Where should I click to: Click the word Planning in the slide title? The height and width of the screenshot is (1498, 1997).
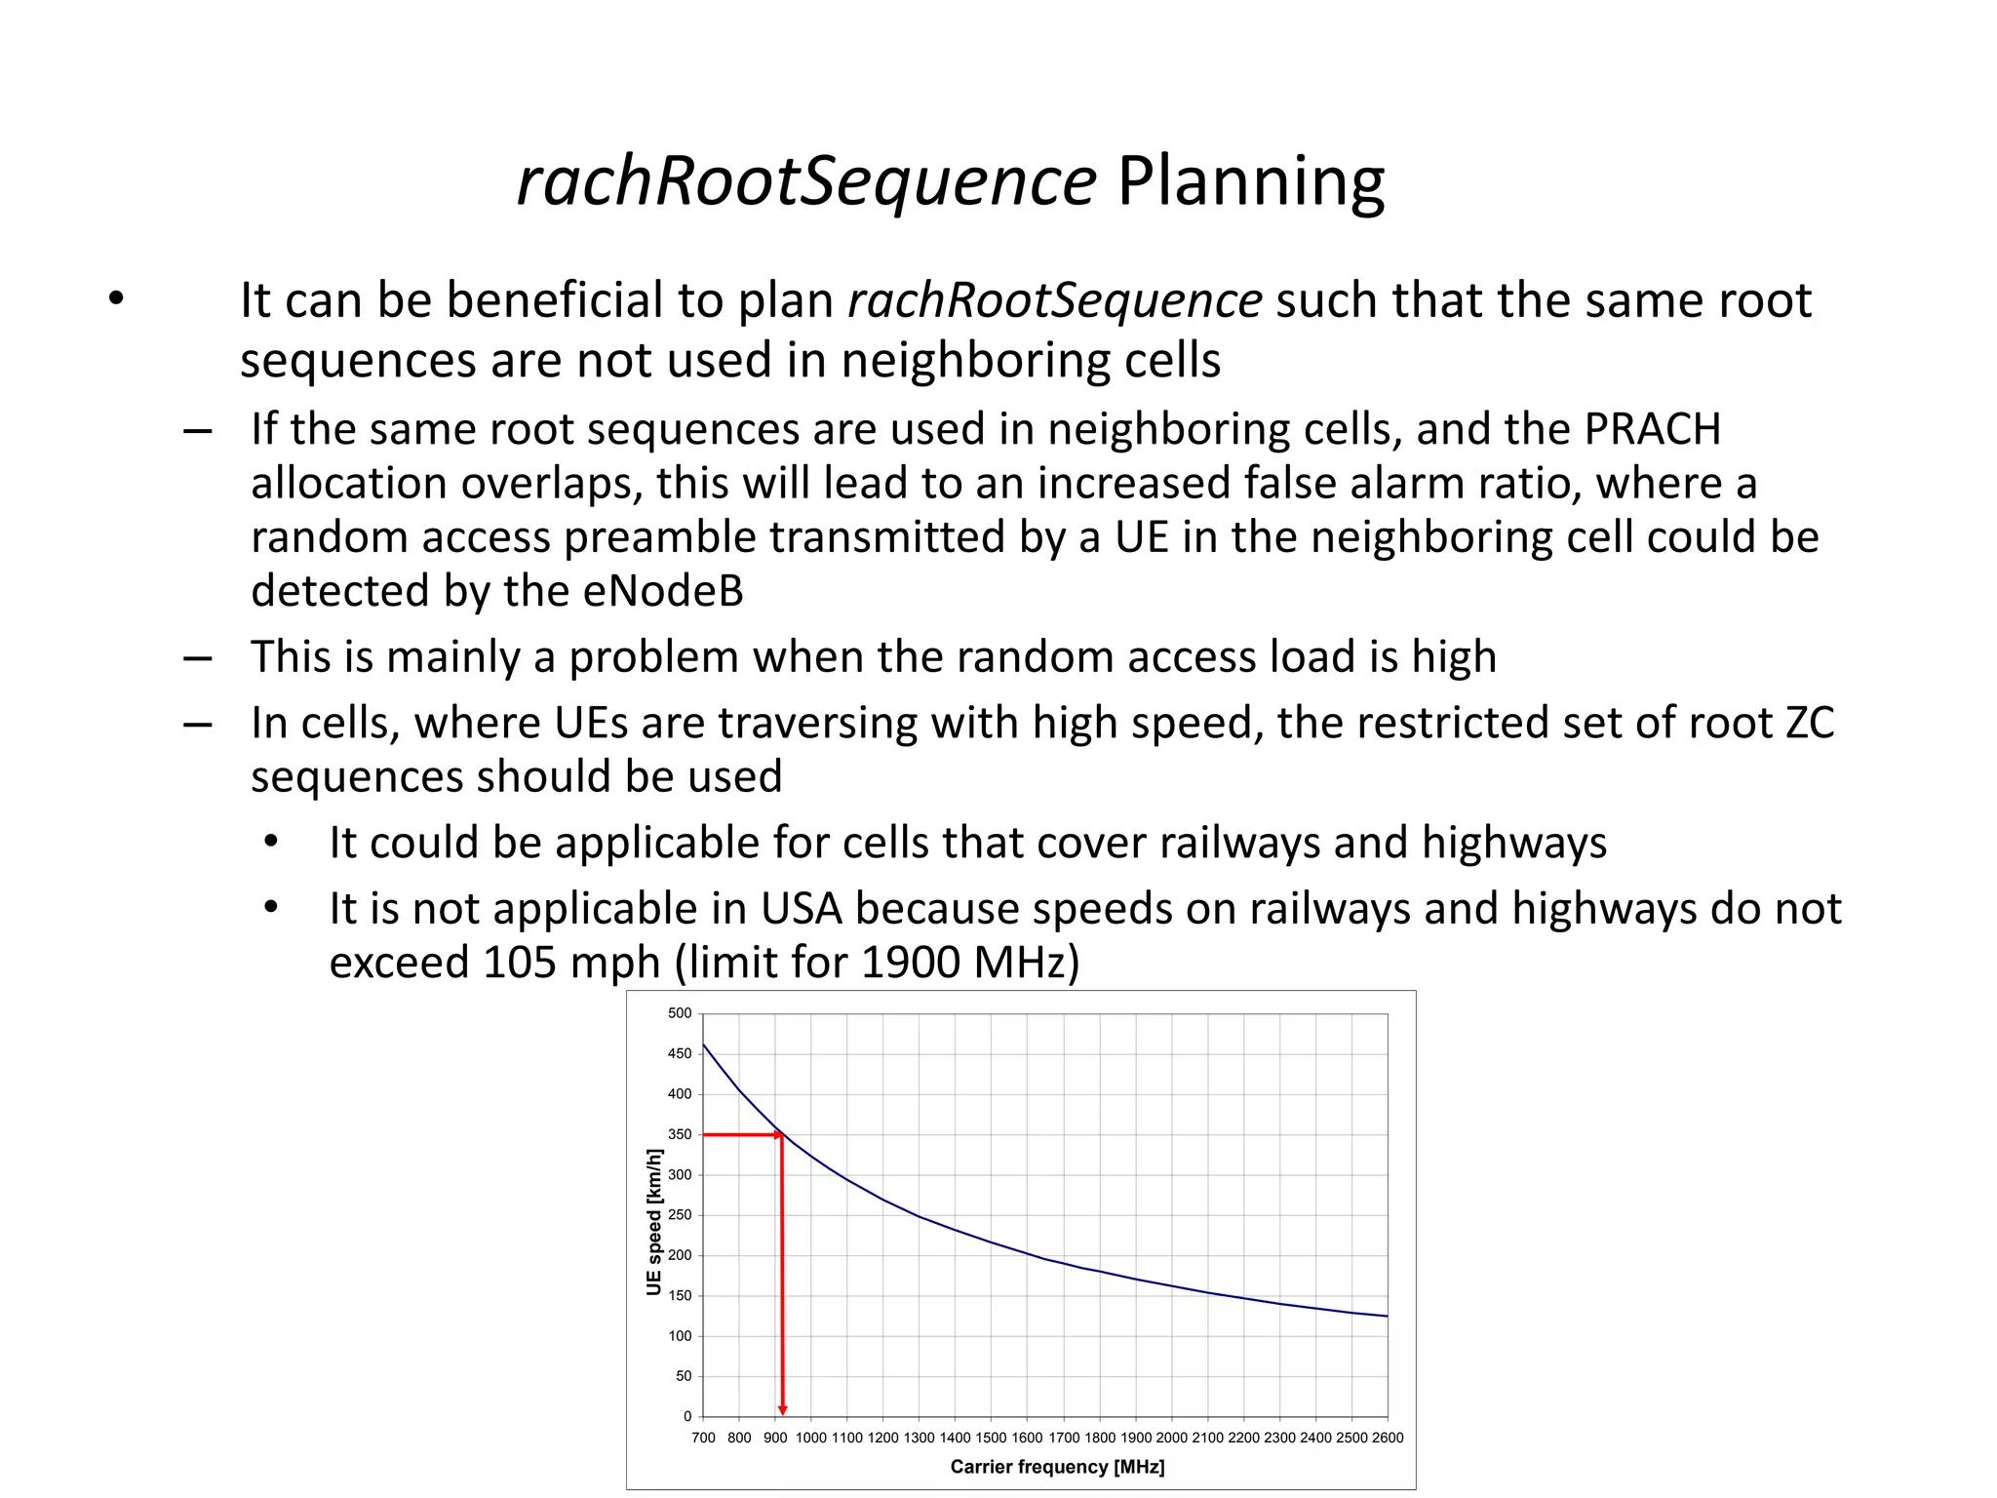(x=1250, y=182)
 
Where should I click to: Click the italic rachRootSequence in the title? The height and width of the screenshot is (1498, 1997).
(x=806, y=182)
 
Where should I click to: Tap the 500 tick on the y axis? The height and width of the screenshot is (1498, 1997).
(x=680, y=1013)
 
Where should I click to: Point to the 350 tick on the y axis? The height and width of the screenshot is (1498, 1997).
(x=680, y=1134)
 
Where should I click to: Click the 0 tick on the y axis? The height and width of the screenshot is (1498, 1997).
(x=687, y=1416)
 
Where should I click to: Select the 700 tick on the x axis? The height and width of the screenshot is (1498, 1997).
(x=703, y=1438)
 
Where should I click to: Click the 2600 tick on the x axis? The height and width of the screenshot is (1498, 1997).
(x=1387, y=1438)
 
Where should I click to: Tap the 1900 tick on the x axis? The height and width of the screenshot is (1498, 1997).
(x=1136, y=1438)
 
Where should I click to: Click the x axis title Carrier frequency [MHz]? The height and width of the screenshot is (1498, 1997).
(x=1057, y=1467)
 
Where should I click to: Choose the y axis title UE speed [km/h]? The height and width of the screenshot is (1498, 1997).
(x=654, y=1222)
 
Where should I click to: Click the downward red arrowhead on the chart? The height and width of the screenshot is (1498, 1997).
(x=782, y=1409)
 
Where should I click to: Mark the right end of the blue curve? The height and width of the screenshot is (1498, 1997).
(x=1387, y=1317)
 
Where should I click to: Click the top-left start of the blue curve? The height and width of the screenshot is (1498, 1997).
(x=704, y=1045)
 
